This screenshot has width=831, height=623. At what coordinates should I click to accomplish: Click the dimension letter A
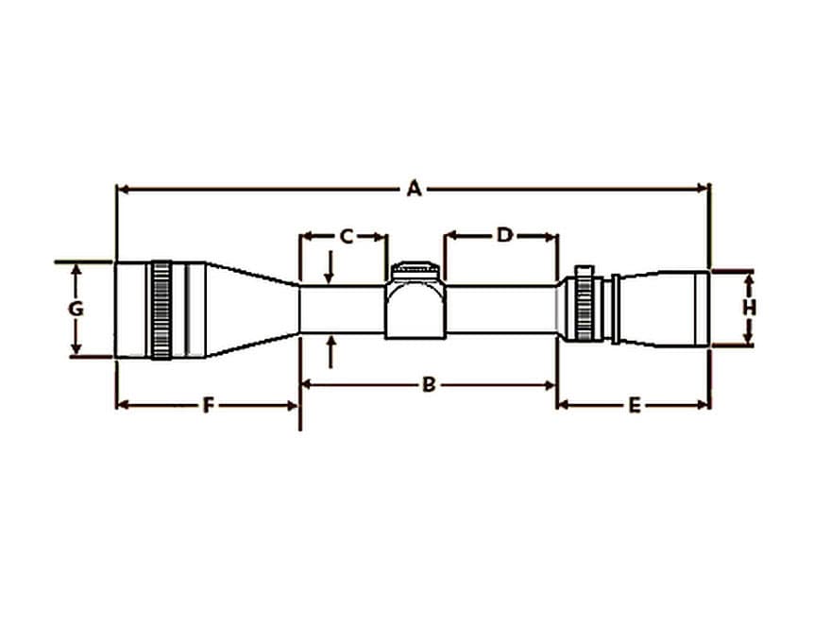pyautogui.click(x=414, y=189)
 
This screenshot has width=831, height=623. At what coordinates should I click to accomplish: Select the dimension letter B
pyautogui.click(x=428, y=384)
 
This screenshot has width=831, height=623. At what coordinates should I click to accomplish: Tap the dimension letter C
pyautogui.click(x=346, y=236)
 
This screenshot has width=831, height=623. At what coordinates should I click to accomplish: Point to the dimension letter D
pyautogui.click(x=503, y=235)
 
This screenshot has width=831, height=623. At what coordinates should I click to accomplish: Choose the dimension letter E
pyautogui.click(x=635, y=405)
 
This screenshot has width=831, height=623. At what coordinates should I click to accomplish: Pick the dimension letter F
pyautogui.click(x=208, y=405)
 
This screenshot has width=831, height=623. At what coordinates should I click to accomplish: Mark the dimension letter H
pyautogui.click(x=749, y=308)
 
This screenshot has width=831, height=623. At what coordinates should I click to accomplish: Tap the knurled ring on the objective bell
pyautogui.click(x=161, y=310)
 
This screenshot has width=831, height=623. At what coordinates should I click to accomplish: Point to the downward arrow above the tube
pyautogui.click(x=329, y=272)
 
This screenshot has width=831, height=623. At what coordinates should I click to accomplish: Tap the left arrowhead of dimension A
pyautogui.click(x=121, y=189)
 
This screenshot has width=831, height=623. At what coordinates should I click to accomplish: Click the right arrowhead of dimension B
pyautogui.click(x=549, y=384)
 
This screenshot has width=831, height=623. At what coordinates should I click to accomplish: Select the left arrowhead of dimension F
pyautogui.click(x=121, y=405)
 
